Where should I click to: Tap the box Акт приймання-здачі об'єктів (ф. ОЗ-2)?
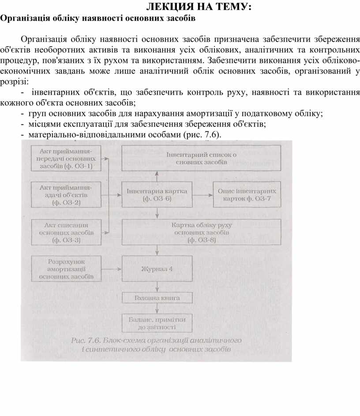pos(65,194)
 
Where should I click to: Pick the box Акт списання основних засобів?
pos(65,232)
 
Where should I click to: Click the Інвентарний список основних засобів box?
pos(201,158)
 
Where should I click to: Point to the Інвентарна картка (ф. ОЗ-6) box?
pos(157,194)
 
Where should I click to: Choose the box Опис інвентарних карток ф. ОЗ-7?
pos(247,194)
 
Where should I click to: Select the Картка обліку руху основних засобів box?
pos(201,232)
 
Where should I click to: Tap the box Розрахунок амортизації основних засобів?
pos(65,268)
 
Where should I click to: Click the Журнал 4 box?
pos(157,268)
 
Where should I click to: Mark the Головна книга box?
pos(157,298)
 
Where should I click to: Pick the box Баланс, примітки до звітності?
pos(157,324)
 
